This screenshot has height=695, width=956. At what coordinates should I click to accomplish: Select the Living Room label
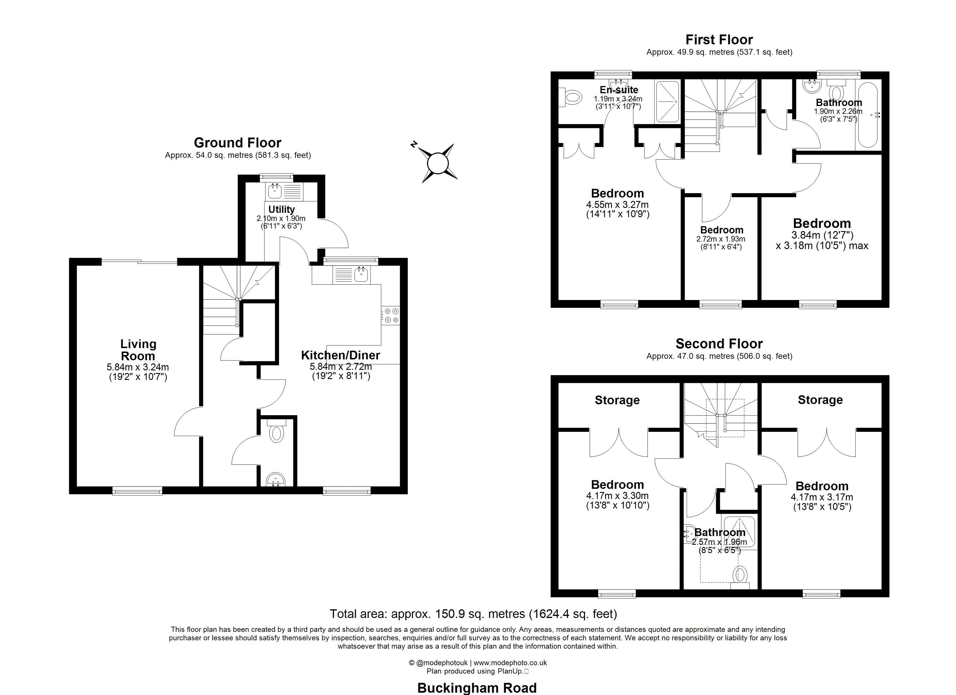point(138,350)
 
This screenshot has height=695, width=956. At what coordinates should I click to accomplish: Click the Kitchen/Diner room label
point(341,355)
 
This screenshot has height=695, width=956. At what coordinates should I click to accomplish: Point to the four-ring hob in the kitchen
point(391,316)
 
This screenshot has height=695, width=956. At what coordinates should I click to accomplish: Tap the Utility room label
point(282,209)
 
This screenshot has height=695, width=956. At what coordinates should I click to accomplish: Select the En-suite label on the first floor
point(619,90)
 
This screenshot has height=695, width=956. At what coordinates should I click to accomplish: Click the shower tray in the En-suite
point(667,102)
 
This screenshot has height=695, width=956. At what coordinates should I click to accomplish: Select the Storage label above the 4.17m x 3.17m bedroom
point(820,400)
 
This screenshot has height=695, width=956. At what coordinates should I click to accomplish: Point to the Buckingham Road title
point(477,688)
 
